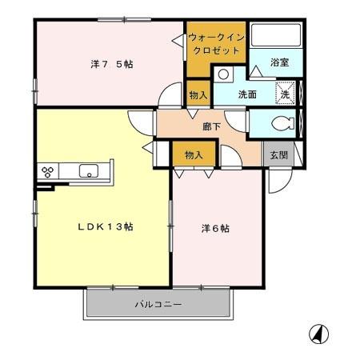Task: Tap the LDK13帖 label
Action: click(105, 227)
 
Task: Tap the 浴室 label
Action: click(279, 62)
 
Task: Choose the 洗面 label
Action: click(247, 94)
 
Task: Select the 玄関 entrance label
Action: click(278, 154)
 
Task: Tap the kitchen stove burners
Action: click(47, 170)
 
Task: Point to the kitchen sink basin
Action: click(87, 170)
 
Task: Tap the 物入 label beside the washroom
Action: click(198, 95)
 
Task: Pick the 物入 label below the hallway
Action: click(194, 154)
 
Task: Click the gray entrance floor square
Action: click(278, 154)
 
